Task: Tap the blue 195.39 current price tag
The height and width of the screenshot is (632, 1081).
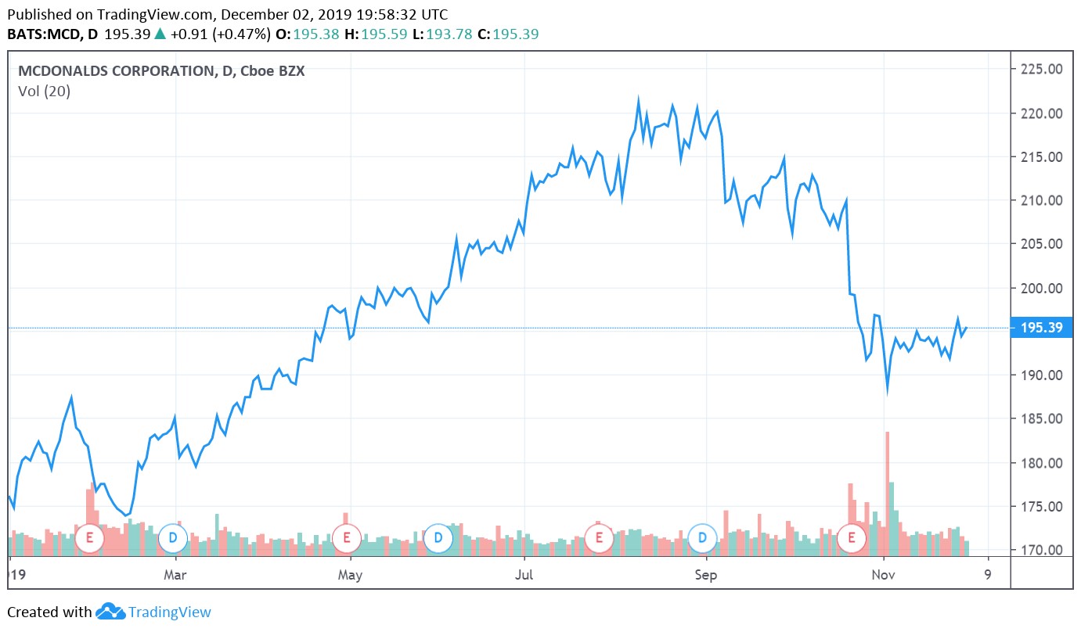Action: click(1042, 328)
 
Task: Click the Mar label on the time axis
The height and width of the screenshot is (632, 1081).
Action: click(176, 576)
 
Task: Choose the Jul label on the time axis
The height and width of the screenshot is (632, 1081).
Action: click(524, 576)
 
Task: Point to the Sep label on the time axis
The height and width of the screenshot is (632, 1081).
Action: click(706, 576)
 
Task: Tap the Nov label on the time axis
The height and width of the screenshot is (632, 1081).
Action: click(883, 576)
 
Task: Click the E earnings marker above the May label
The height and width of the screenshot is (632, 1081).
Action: click(345, 537)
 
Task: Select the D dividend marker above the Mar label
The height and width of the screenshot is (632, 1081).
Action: click(172, 537)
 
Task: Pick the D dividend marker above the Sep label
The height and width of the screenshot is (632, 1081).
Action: click(702, 537)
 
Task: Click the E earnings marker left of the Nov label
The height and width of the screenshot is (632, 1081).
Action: click(851, 537)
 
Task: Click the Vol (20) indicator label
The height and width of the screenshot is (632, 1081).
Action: click(45, 92)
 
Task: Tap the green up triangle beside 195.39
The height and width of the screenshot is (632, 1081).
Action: click(160, 34)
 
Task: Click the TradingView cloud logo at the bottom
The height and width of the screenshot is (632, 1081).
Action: click(111, 612)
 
